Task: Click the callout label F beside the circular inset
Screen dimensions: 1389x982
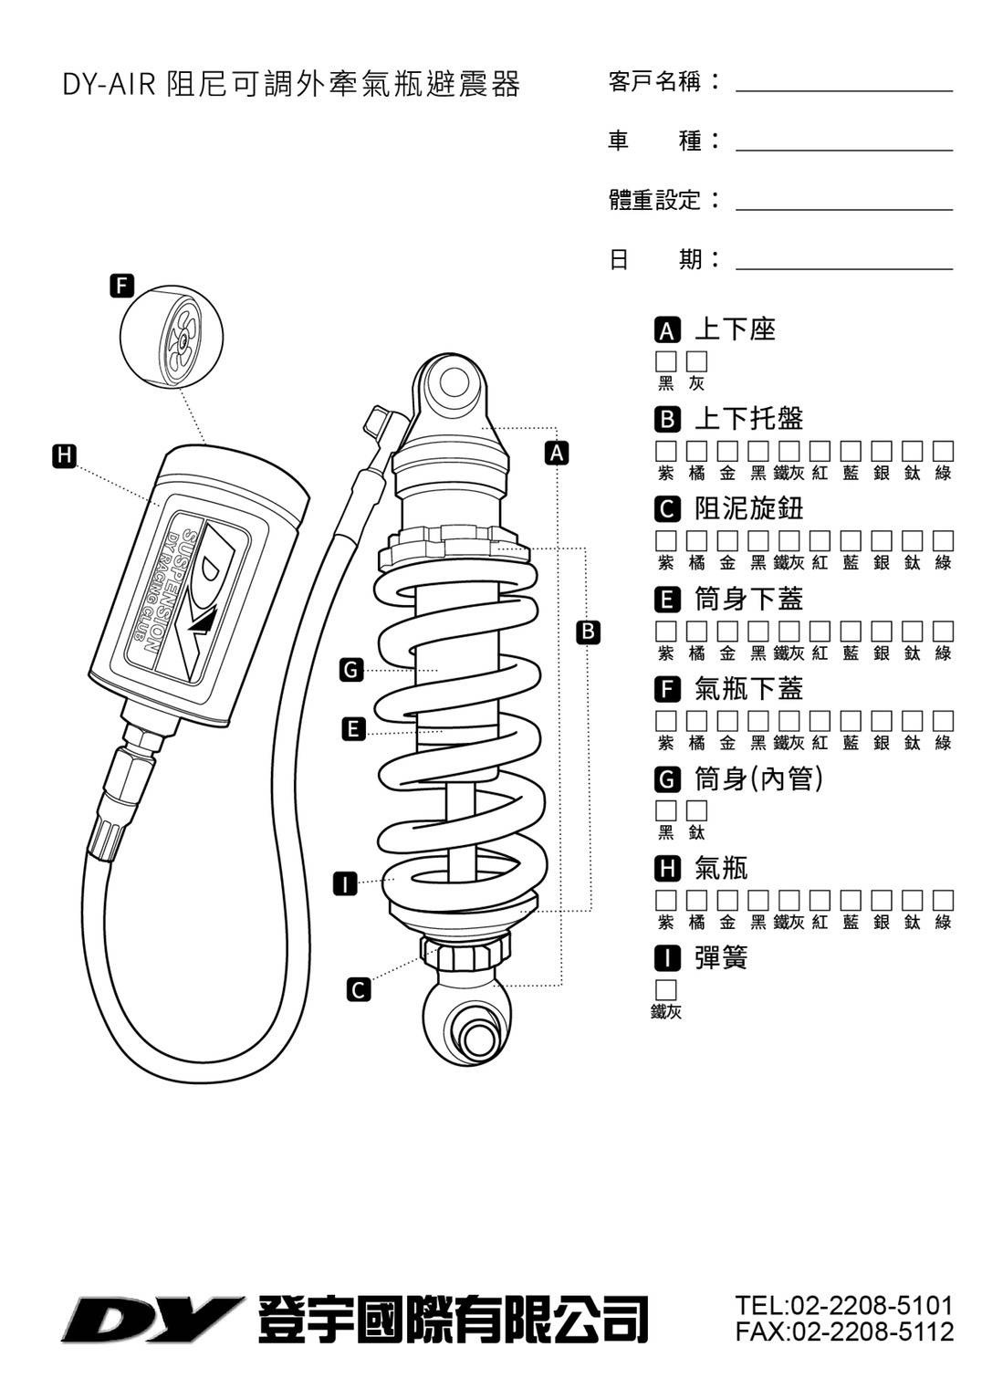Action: click(x=121, y=285)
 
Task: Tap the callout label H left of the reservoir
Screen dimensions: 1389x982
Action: click(x=64, y=454)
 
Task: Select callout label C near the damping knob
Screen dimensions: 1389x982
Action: click(x=360, y=989)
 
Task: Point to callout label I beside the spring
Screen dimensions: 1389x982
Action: click(x=344, y=883)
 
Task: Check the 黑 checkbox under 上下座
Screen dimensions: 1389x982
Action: click(x=666, y=361)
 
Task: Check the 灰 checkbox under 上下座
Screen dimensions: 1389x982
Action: click(x=697, y=361)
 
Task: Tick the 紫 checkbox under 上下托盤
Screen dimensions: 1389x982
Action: click(x=666, y=451)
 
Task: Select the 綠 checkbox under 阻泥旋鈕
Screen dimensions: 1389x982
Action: click(x=944, y=541)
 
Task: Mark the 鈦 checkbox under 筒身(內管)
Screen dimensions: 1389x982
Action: click(x=697, y=810)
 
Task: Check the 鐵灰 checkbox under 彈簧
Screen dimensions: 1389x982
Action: click(x=666, y=990)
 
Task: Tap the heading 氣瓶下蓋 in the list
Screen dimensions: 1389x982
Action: click(x=748, y=689)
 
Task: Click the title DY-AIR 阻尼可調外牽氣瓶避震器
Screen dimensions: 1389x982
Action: click(x=291, y=85)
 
